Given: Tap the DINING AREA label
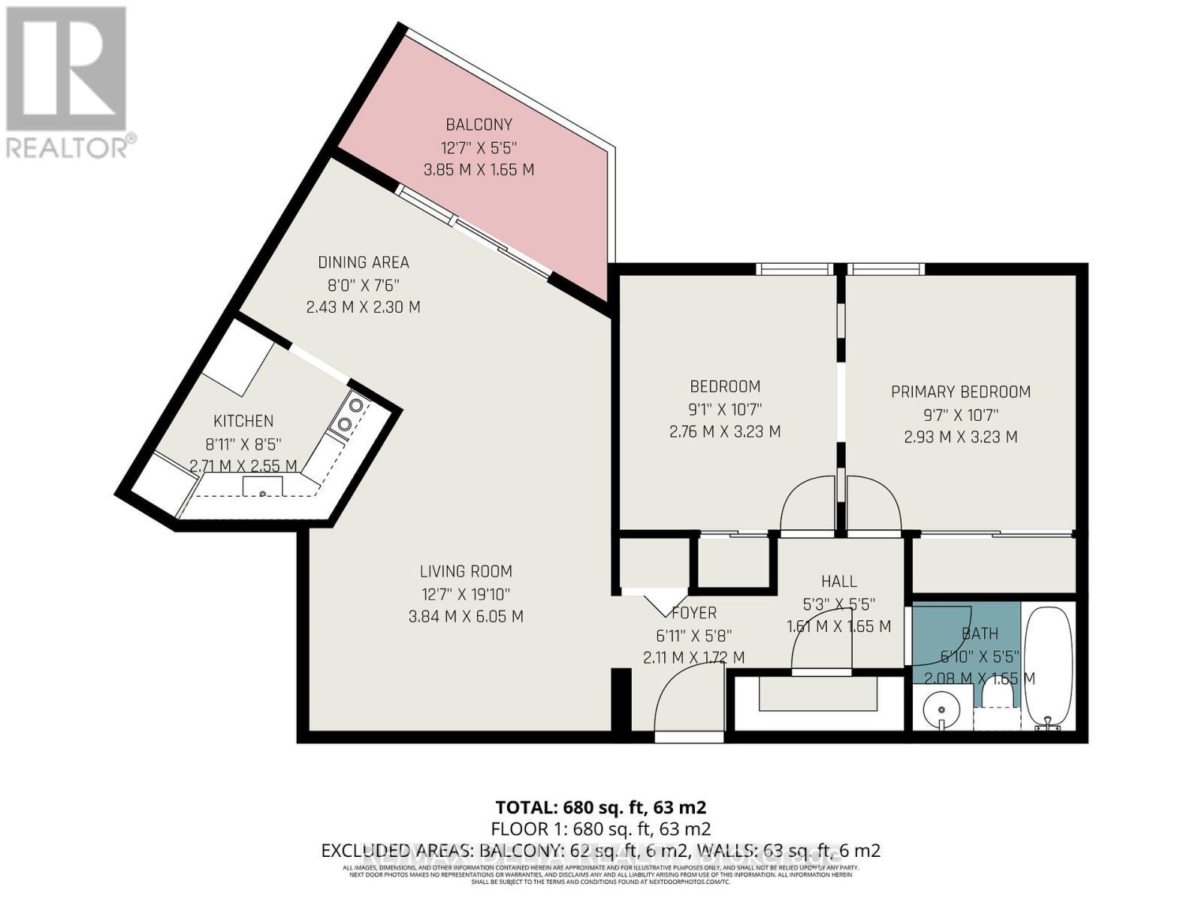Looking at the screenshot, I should point(363,262).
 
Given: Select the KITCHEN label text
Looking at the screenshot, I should point(243,421).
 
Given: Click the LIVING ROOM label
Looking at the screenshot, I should point(466,571).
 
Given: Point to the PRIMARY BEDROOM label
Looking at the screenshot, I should point(960,392).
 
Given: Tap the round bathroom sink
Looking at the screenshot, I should point(939,708).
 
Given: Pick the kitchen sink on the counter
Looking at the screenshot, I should point(263,488).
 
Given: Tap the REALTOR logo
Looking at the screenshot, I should point(68,83).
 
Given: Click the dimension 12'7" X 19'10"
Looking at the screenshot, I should point(466,594).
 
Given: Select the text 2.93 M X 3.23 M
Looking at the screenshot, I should point(960,437).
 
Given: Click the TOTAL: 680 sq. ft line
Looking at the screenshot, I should point(601,807).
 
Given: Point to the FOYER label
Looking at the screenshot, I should point(693,613).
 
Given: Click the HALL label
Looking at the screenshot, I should point(838,581).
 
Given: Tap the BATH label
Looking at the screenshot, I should point(979,634).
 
